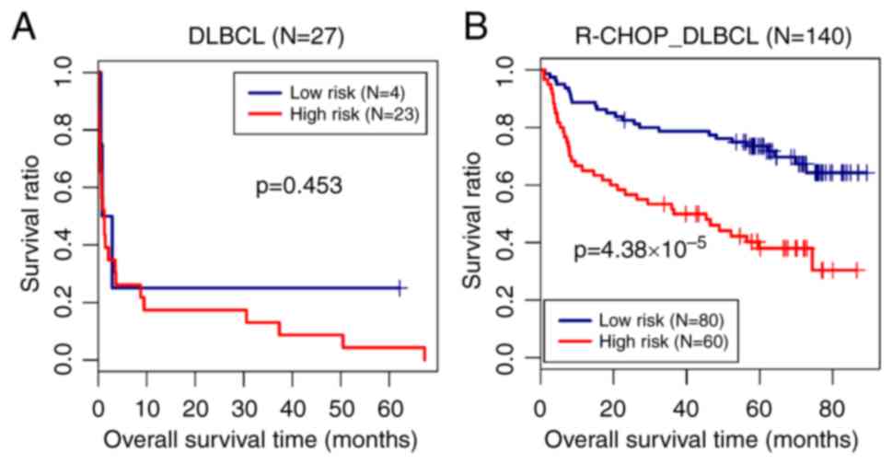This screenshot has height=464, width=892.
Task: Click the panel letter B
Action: click(476, 29)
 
